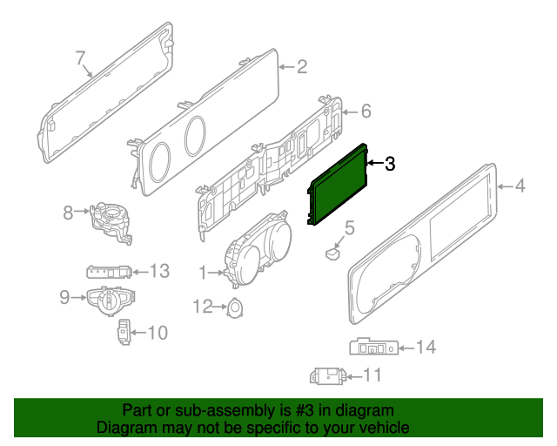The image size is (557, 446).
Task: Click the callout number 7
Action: click(80, 58)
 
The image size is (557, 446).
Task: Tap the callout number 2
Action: click(302, 66)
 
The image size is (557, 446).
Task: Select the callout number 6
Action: click(366, 111)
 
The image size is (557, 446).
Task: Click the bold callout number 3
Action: click(389, 163)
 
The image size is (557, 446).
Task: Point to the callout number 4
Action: click(520, 185)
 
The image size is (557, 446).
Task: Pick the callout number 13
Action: click(159, 271)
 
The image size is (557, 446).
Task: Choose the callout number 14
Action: click(425, 348)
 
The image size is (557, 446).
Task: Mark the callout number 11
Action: click(372, 375)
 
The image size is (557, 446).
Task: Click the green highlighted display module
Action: click(338, 184)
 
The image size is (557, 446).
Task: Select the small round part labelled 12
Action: click(234, 307)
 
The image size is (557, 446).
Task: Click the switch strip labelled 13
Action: click(111, 272)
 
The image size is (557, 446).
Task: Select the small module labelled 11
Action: click(327, 375)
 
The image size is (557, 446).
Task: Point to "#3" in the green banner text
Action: click(299, 410)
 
